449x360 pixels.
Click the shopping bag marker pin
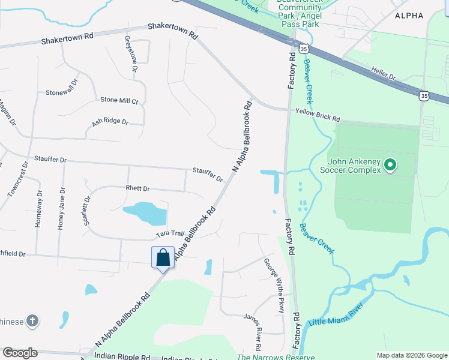(x=163, y=258)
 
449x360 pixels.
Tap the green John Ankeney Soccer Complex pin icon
(x=390, y=164)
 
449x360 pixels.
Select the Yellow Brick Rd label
(x=318, y=112)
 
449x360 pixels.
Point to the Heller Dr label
(x=384, y=74)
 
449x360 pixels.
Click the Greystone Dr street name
(x=130, y=54)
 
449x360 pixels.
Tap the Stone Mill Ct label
(x=119, y=100)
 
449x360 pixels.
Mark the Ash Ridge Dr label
(x=110, y=122)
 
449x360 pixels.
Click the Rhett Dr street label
(x=137, y=188)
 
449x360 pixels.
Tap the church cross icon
(x=33, y=321)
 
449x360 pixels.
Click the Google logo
(x=20, y=352)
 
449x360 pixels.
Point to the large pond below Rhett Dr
(x=144, y=212)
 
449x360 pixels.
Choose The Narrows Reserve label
(x=276, y=358)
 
